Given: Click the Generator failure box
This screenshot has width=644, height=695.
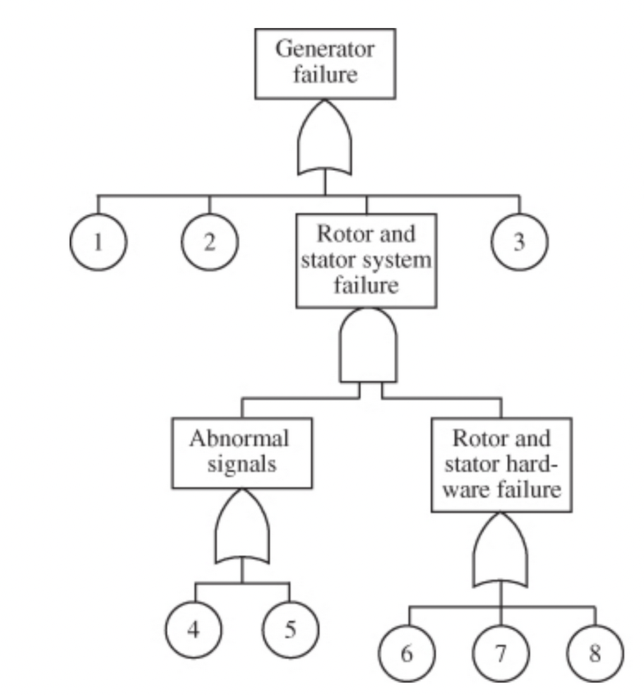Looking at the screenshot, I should point(325,63).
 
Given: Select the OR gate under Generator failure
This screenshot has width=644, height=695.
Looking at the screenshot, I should point(325,142).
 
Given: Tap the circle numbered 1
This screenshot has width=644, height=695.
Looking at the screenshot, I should point(99,242).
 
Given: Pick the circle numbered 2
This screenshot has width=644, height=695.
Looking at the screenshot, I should point(210,242).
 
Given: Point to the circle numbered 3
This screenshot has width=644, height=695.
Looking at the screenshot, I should point(519,242).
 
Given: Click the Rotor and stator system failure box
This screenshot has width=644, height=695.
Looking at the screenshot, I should point(366,261).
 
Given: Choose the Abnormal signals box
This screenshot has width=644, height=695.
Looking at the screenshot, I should point(243,452).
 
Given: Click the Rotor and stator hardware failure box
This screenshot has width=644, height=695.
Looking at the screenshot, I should point(501,464).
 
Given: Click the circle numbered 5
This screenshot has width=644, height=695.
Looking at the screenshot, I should point(289,629).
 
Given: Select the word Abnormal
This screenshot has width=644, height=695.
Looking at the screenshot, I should point(243,439).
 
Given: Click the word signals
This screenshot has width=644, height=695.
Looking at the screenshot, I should point(243,464).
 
